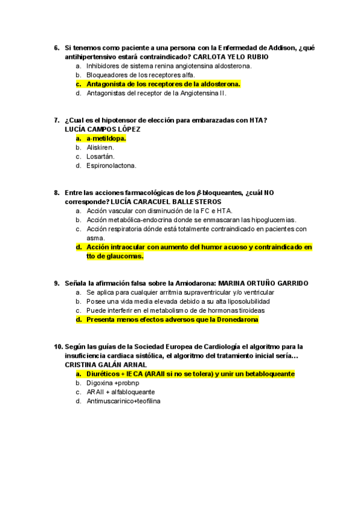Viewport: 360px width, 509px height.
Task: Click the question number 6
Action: [x=56, y=48]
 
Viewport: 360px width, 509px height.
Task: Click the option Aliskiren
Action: [x=100, y=147]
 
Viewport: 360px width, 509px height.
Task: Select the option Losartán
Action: [x=100, y=156]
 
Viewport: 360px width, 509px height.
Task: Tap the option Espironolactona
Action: [x=111, y=165]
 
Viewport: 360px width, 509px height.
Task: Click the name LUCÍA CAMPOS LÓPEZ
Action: [x=102, y=129]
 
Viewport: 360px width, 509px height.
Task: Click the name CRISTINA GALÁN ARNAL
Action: [x=105, y=365]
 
